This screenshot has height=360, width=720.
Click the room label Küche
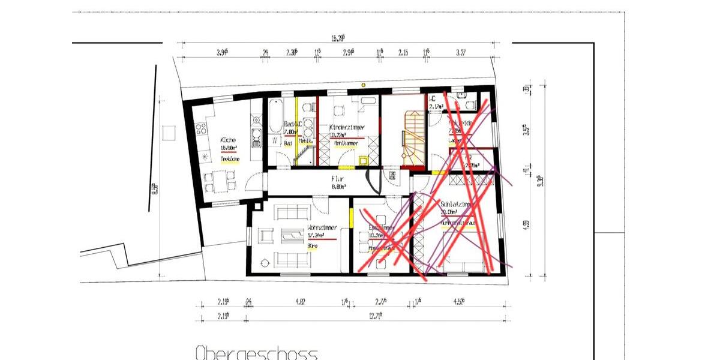click(227, 140)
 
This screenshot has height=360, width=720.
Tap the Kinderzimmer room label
click(347, 127)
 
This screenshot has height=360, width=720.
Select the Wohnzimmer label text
click(322, 228)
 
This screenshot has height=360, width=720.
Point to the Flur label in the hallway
click(337, 178)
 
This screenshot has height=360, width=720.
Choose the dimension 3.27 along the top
click(461, 53)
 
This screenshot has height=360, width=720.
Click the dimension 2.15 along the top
click(403, 53)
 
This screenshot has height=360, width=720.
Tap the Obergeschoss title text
click(256, 353)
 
